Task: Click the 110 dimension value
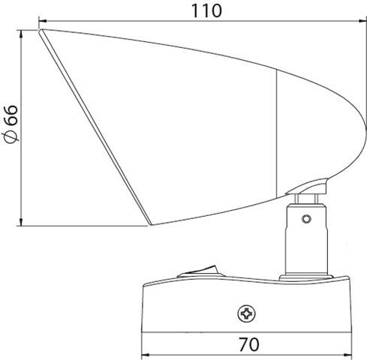(x=206, y=11)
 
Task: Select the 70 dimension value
(x=248, y=345)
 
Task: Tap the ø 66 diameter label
(x=12, y=124)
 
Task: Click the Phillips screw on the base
(x=246, y=313)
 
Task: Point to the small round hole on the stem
(x=306, y=219)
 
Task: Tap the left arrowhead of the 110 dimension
(x=43, y=21)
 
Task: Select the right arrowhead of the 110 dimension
(x=362, y=21)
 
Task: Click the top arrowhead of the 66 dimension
(x=21, y=34)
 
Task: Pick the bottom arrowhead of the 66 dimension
(x=21, y=221)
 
